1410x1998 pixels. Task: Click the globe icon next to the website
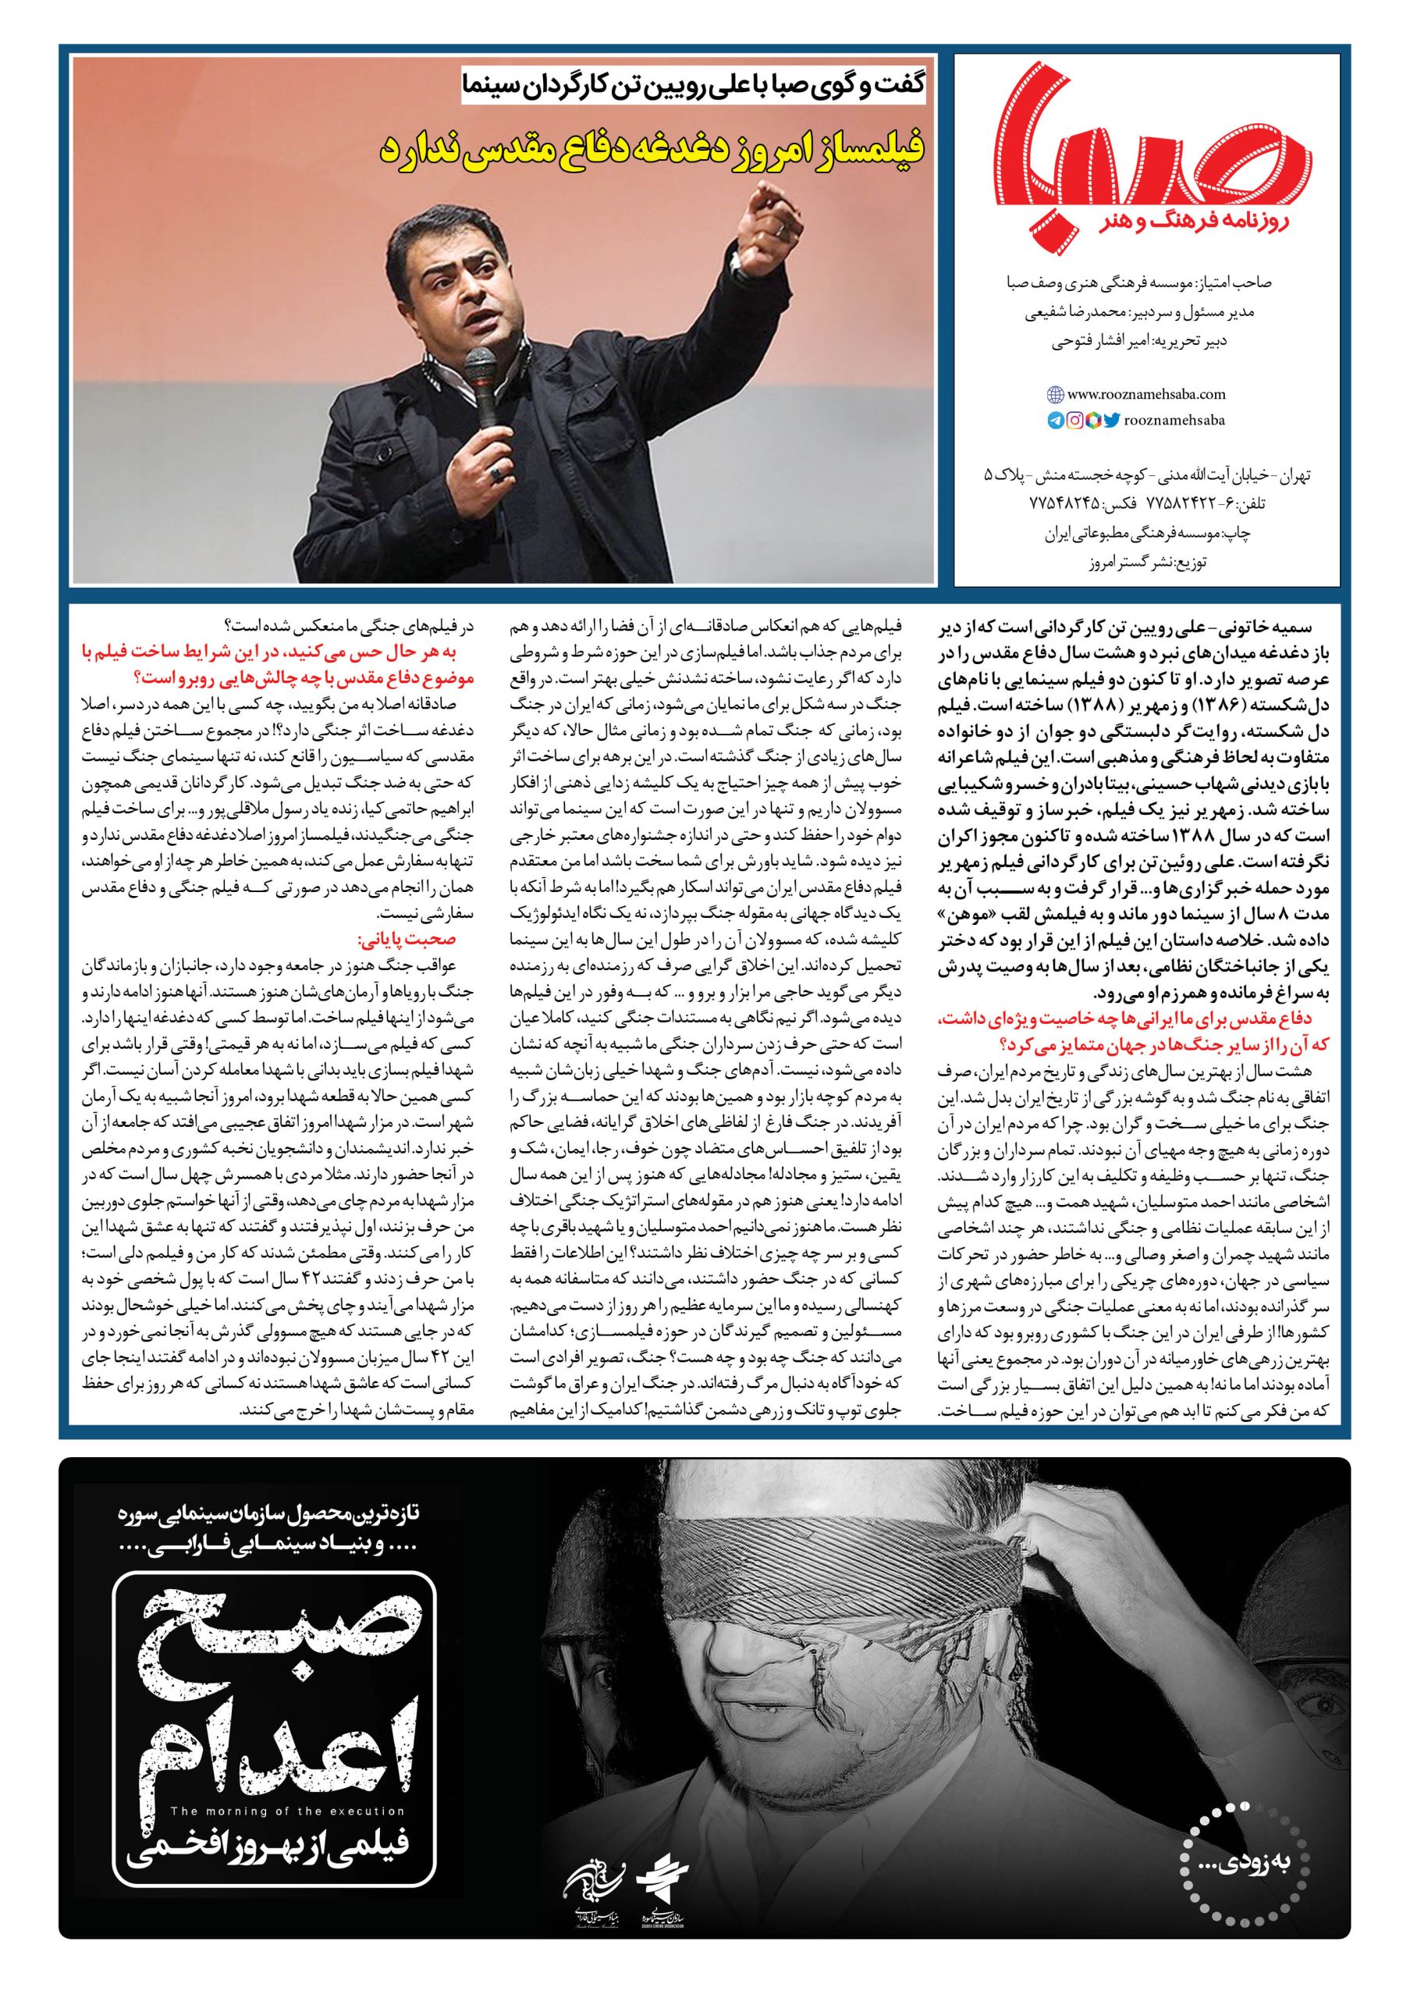coord(1054,394)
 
